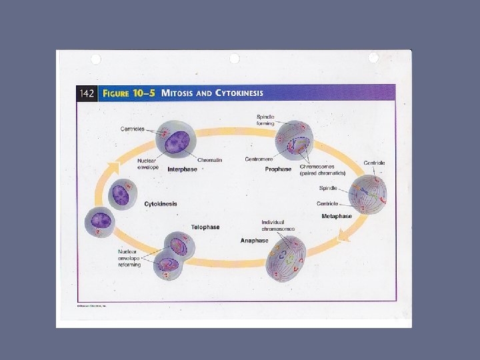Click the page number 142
tap(87, 93)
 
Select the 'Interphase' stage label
tap(182, 169)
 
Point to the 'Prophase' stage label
tap(278, 169)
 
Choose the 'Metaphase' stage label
tap(337, 216)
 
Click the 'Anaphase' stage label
tap(254, 241)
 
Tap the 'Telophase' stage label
tap(205, 227)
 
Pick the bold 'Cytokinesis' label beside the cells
tap(161, 204)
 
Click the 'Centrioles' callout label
tap(132, 129)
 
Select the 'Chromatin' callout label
tap(210, 160)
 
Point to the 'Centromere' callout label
tap(259, 159)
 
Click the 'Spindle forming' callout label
tap(265, 120)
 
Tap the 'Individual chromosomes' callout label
tap(278, 225)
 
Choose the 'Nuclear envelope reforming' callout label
tap(129, 258)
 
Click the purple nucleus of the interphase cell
tap(177, 141)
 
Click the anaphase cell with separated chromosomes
tap(285, 257)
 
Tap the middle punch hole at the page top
tap(235, 59)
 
